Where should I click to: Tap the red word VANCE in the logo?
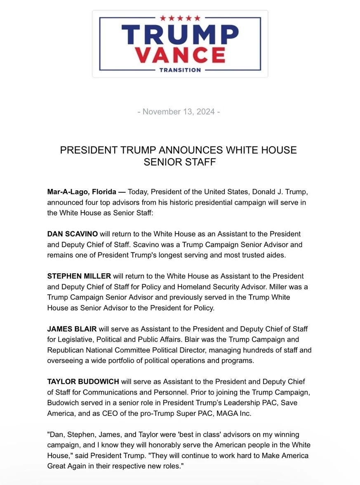click(x=180, y=55)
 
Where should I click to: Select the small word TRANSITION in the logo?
click(x=180, y=70)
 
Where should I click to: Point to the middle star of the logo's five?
click(x=180, y=18)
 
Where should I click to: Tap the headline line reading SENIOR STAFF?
click(x=180, y=162)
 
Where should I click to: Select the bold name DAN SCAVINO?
click(x=72, y=234)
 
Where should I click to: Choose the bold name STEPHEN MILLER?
click(x=79, y=276)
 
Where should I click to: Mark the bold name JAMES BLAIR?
click(x=72, y=329)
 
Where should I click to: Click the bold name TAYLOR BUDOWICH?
click(x=83, y=381)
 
